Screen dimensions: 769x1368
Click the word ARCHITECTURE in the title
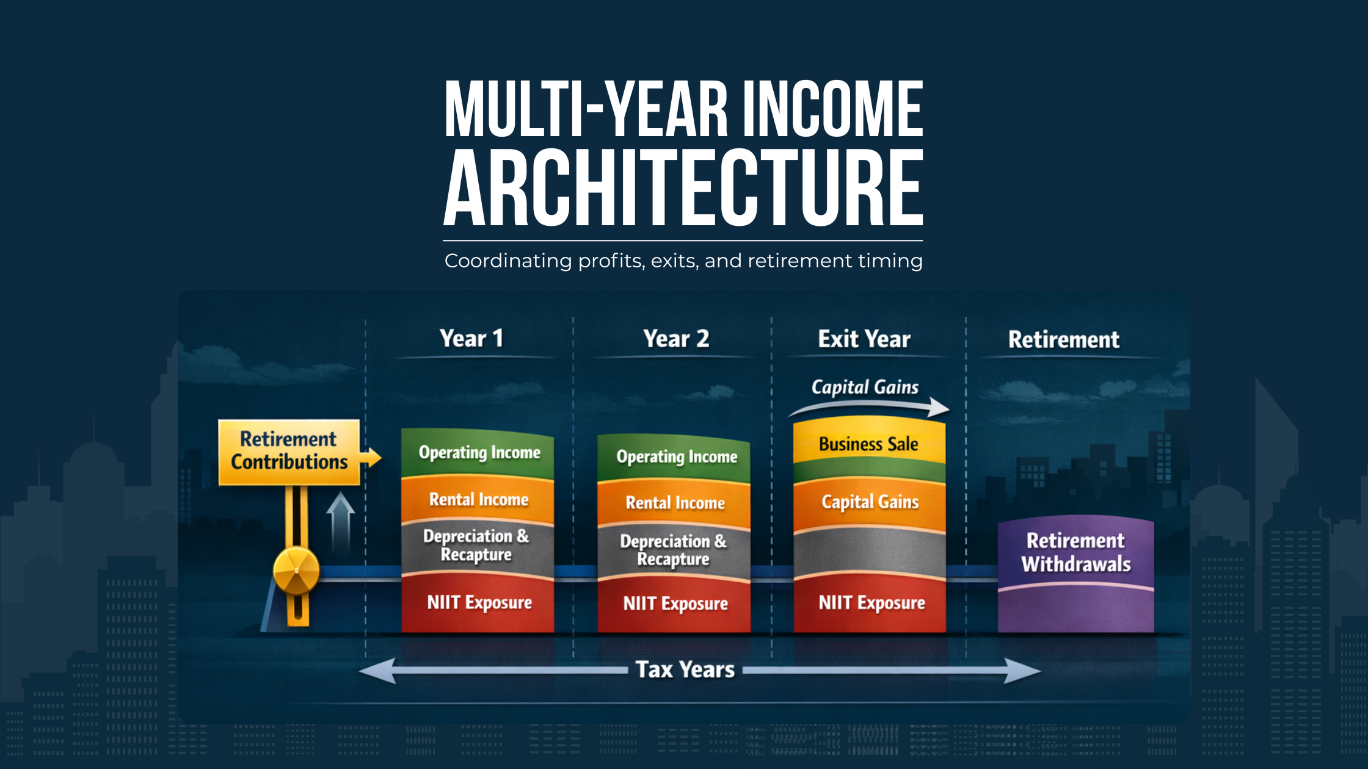(683, 188)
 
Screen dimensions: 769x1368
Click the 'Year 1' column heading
(471, 339)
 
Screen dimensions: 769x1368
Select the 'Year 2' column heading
(676, 339)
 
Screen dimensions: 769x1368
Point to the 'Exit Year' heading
(864, 339)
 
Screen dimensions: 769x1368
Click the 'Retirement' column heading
(1063, 340)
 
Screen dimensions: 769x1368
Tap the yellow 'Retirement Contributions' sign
(289, 452)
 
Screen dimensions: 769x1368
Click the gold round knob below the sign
(296, 571)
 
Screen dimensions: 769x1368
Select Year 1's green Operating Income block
(479, 453)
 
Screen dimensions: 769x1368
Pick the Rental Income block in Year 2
(675, 503)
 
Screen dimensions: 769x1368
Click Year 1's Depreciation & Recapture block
(476, 546)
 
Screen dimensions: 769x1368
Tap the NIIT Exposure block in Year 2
(675, 604)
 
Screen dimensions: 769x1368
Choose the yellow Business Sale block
(868, 444)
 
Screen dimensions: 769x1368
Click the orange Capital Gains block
(870, 502)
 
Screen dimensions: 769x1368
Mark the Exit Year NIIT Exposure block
(871, 604)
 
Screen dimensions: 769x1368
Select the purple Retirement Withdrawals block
(1075, 553)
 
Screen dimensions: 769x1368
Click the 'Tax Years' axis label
(685, 670)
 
